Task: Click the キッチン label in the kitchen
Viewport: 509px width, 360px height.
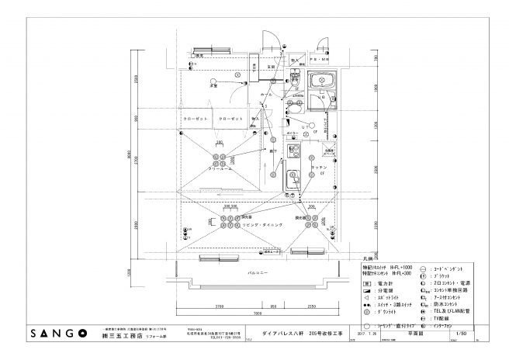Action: [x=318, y=168]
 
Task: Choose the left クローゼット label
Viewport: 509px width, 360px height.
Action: [x=195, y=118]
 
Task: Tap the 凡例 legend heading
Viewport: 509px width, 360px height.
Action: [x=369, y=258]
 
